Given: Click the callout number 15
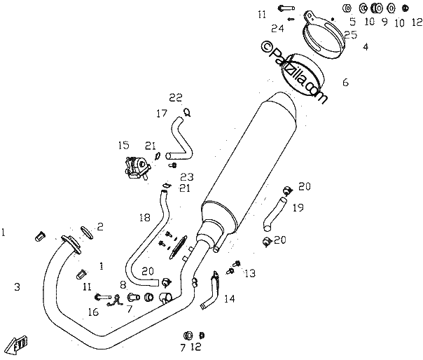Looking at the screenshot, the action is click(x=123, y=145).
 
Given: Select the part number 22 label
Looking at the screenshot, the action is click(x=176, y=97).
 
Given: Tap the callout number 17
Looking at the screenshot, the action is click(x=162, y=113).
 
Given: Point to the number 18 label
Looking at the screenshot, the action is click(x=145, y=218).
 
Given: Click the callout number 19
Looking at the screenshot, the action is click(x=298, y=207).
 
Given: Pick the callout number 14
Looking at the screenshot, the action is click(x=230, y=299).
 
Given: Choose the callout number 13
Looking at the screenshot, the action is click(x=250, y=273).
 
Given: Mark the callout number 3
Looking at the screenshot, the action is click(x=18, y=286).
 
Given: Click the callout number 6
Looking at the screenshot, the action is click(x=345, y=83).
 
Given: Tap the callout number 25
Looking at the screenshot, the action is click(x=351, y=35).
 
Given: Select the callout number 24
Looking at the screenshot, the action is click(x=277, y=28).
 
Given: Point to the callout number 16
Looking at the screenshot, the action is click(x=93, y=312).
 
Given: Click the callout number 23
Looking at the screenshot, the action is click(x=187, y=177).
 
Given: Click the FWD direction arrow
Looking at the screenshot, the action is click(x=18, y=345).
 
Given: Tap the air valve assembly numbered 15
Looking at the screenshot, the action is click(x=137, y=168).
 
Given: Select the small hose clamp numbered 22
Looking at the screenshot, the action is click(x=187, y=112).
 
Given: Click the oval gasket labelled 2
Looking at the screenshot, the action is click(x=87, y=233).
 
